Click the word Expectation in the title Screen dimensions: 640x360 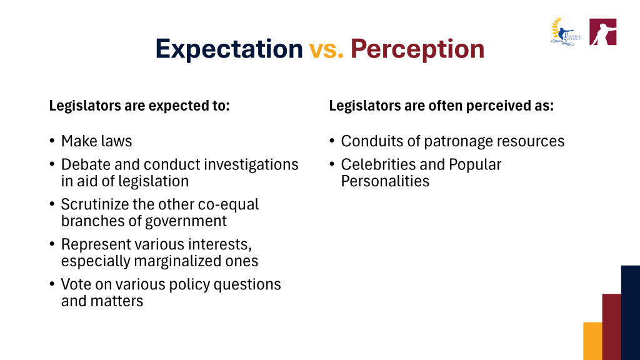[x=229, y=49]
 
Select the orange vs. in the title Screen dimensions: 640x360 [x=326, y=49]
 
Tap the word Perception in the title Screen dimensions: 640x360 [x=417, y=49]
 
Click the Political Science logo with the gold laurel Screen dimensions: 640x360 [x=566, y=32]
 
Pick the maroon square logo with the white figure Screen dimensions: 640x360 [x=603, y=32]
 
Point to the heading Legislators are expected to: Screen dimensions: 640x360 [x=139, y=106]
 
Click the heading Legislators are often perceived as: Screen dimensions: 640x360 [x=441, y=106]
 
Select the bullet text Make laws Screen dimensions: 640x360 [x=96, y=141]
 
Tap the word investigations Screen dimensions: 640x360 [x=251, y=165]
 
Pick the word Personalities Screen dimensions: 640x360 [x=385, y=181]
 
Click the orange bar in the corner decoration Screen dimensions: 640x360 [x=592, y=341]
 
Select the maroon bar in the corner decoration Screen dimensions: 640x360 [x=611, y=327]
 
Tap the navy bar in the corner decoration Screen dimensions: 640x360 [x=631, y=312]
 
